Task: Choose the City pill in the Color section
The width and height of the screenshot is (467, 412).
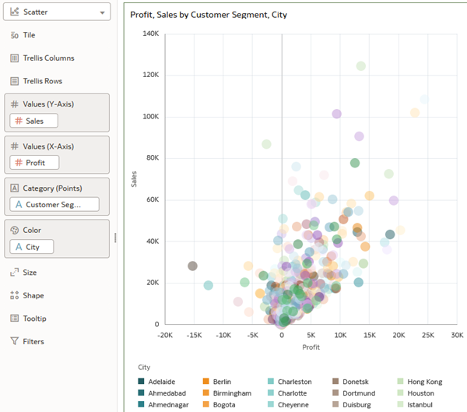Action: [32, 247]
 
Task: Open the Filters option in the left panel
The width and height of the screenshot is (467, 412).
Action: [33, 341]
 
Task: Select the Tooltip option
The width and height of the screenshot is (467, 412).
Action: [34, 319]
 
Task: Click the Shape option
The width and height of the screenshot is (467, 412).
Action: [33, 296]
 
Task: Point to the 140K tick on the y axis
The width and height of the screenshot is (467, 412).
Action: [151, 34]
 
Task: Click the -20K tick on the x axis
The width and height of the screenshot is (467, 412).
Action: [165, 335]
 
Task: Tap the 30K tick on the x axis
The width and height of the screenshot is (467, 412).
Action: [457, 335]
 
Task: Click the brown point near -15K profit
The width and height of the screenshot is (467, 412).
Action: [192, 266]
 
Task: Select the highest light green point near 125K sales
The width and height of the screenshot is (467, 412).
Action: [361, 66]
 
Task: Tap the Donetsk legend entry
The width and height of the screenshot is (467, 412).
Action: [356, 382]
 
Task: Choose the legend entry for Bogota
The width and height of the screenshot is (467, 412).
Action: [225, 405]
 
